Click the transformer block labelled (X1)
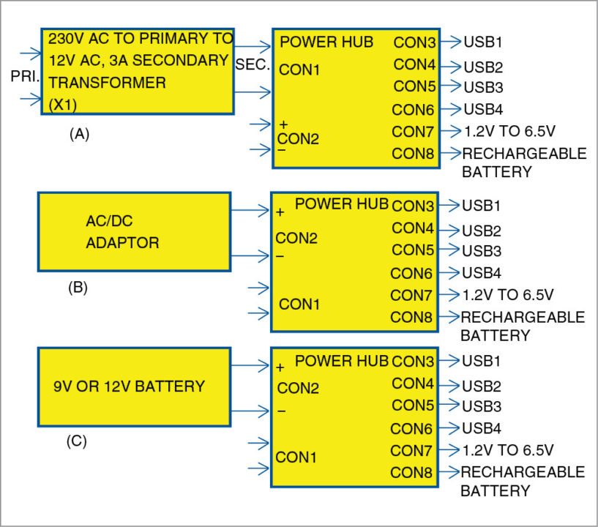138,71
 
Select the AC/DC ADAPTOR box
134,232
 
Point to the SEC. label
253,65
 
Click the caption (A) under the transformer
78,135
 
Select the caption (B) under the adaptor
78,288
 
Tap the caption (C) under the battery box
77,441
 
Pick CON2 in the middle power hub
296,239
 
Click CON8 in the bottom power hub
412,472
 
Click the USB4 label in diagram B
481,274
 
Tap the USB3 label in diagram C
481,405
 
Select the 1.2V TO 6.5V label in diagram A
509,132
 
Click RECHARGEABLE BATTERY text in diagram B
521,326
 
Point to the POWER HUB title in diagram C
340,361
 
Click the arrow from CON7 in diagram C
449,449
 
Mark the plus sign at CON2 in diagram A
283,124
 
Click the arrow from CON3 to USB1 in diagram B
449,206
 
